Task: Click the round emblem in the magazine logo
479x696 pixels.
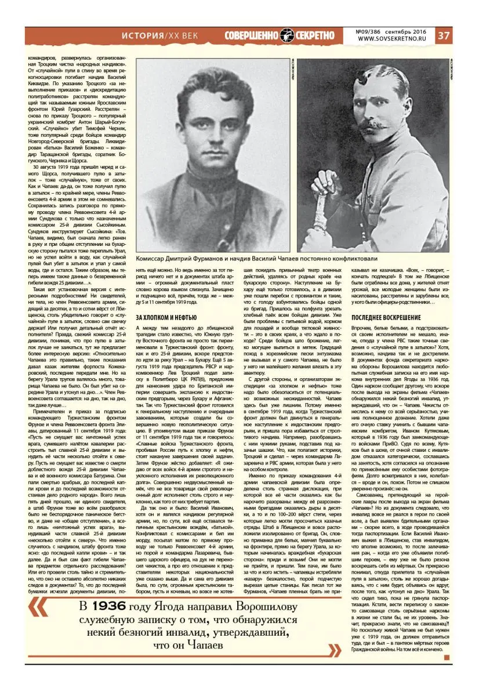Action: point(287,35)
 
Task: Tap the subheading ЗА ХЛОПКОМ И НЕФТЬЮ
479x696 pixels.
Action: point(168,318)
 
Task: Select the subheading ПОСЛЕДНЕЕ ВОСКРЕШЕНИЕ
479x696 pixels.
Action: point(385,318)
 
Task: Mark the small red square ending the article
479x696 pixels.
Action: point(447,658)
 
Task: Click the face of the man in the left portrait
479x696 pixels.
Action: point(210,125)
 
